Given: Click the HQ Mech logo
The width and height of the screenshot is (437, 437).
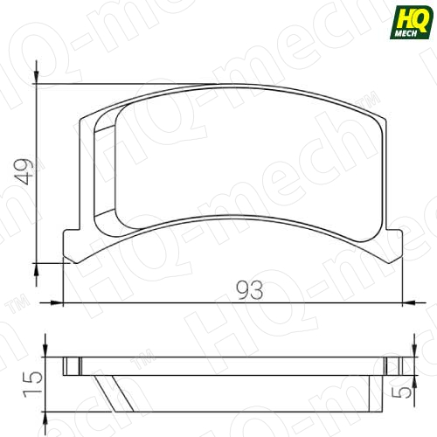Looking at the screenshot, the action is [412, 23].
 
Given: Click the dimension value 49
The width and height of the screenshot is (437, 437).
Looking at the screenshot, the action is [24, 171].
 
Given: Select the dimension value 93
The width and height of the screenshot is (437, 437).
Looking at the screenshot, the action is [249, 290].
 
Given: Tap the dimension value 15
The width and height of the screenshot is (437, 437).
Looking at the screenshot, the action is [32, 385].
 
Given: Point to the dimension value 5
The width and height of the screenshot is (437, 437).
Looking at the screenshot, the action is [402, 391].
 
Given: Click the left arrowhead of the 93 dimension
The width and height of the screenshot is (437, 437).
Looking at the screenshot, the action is [57, 303].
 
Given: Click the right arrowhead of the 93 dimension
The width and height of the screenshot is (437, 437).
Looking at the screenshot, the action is [408, 303].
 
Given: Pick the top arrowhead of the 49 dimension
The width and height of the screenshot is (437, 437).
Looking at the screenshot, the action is [36, 78].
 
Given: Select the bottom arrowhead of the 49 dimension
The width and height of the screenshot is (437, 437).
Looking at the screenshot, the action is [36, 269].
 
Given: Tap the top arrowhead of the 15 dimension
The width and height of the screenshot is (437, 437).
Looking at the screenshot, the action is [45, 350].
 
